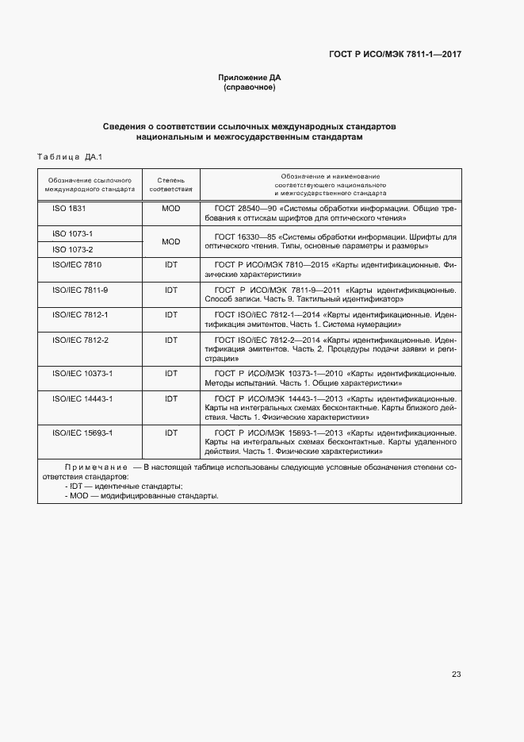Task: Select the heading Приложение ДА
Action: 250,77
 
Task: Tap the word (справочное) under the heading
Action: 250,87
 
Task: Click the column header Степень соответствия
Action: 171,184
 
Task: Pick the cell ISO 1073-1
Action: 73,234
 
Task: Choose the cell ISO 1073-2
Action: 73,249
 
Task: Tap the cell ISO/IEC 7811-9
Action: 80,290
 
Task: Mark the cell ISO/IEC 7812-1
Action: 80,315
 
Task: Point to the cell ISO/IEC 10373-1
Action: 82,373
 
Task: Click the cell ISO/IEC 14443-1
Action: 82,398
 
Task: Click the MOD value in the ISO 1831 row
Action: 171,208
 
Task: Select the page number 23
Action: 456,675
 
